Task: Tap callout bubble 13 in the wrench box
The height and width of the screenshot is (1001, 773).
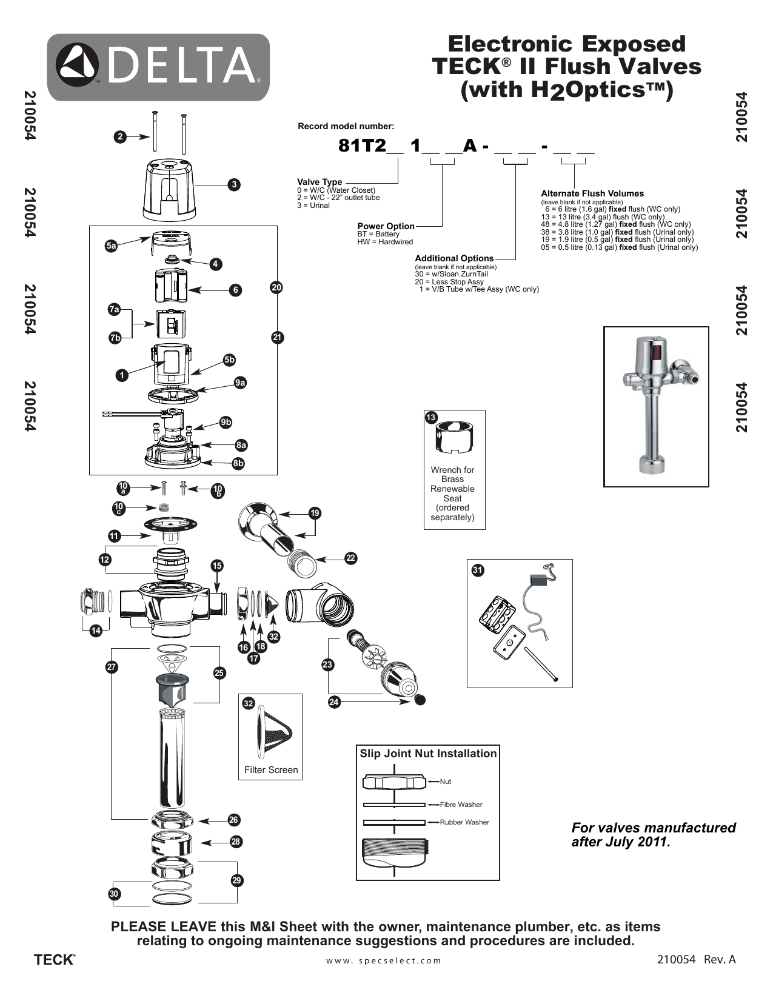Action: pos(431,418)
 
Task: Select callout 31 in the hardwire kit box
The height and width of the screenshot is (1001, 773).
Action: pos(477,570)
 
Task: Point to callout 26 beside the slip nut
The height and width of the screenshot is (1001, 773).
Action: pos(234,820)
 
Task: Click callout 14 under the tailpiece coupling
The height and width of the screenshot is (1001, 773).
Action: pos(95,631)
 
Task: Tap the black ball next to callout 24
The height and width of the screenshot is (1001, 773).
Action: pos(419,700)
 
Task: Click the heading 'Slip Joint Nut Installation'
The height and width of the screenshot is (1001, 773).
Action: pos(428,754)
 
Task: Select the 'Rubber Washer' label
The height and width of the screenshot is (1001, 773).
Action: pos(464,822)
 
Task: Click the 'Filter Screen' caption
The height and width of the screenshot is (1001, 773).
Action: pos(271,770)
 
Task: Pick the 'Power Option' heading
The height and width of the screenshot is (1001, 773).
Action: pos(386,226)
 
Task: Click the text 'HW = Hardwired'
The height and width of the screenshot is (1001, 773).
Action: pos(385,242)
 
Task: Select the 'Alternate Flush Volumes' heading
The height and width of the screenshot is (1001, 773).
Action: pos(592,193)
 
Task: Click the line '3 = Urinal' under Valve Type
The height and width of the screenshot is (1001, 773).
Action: pos(313,206)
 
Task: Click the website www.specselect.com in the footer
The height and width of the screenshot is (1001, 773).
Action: pos(384,960)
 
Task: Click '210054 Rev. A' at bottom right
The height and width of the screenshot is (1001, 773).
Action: pos(696,960)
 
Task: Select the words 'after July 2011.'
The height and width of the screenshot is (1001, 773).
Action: pos(621,842)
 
